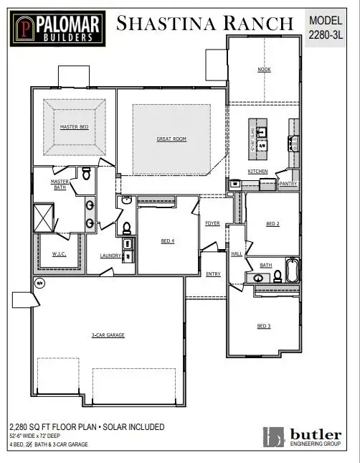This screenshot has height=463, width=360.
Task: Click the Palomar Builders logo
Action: tap(55, 27)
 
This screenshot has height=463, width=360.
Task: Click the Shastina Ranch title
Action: tap(205, 24)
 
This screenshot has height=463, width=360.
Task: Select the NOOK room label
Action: tap(264, 70)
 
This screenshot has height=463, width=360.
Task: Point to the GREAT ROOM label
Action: tap(171, 139)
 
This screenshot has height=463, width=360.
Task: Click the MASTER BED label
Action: tap(74, 127)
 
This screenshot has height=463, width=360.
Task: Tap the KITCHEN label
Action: tap(257, 172)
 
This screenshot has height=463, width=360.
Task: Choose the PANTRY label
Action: tap(288, 184)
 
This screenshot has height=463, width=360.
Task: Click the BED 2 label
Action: tap(273, 224)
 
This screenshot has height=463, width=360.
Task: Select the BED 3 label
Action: tap(264, 326)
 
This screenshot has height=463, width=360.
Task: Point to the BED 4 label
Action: tap(168, 241)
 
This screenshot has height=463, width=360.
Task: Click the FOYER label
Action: tap(212, 223)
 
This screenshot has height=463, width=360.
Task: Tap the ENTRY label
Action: tap(214, 274)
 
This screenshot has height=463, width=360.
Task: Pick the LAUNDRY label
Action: tap(110, 256)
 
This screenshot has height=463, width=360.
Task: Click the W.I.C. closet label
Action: tap(59, 254)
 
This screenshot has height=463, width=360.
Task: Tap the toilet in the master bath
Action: tap(86, 173)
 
